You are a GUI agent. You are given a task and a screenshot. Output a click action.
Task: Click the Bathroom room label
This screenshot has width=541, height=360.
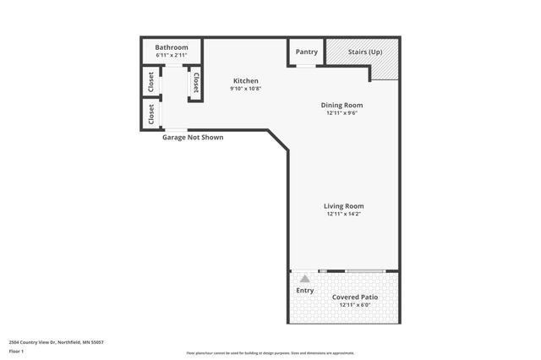pyautogui.click(x=172, y=47)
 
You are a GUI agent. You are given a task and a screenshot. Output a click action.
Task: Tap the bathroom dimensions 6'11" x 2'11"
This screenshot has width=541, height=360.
pyautogui.click(x=172, y=55)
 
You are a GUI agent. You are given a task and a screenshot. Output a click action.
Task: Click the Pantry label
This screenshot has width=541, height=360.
pyautogui.click(x=306, y=52)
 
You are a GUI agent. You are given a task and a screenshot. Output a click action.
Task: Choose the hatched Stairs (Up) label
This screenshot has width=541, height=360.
pyautogui.click(x=364, y=52)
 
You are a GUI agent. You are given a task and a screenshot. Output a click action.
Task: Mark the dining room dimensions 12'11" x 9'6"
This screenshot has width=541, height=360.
pyautogui.click(x=343, y=112)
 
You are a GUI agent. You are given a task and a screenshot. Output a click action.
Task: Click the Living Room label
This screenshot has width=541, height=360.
pyautogui.click(x=343, y=206)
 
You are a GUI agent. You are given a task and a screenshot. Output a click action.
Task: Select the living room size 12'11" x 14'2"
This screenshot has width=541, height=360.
pyautogui.click(x=343, y=214)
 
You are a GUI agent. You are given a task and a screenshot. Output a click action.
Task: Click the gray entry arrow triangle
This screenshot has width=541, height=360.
pyautogui.click(x=305, y=278)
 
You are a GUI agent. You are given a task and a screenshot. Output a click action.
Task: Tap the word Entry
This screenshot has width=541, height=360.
pyautogui.click(x=305, y=291)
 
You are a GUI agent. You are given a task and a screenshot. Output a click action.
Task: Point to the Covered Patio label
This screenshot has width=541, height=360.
pyautogui.click(x=355, y=297)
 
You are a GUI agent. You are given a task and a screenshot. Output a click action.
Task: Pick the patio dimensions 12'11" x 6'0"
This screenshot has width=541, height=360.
pyautogui.click(x=355, y=305)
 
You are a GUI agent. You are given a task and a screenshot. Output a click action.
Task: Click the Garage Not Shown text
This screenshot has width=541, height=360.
pyautogui.click(x=193, y=137)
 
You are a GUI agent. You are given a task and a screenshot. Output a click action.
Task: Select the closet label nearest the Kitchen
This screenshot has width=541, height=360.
pyautogui.click(x=196, y=83)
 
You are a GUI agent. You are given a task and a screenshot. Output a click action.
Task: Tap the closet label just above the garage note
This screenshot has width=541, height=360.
pyautogui.click(x=151, y=112)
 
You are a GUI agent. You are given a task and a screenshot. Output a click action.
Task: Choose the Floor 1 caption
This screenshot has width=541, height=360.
pyautogui.click(x=17, y=350)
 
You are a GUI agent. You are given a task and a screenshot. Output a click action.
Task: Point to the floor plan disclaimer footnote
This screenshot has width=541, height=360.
pyautogui.click(x=270, y=353)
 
